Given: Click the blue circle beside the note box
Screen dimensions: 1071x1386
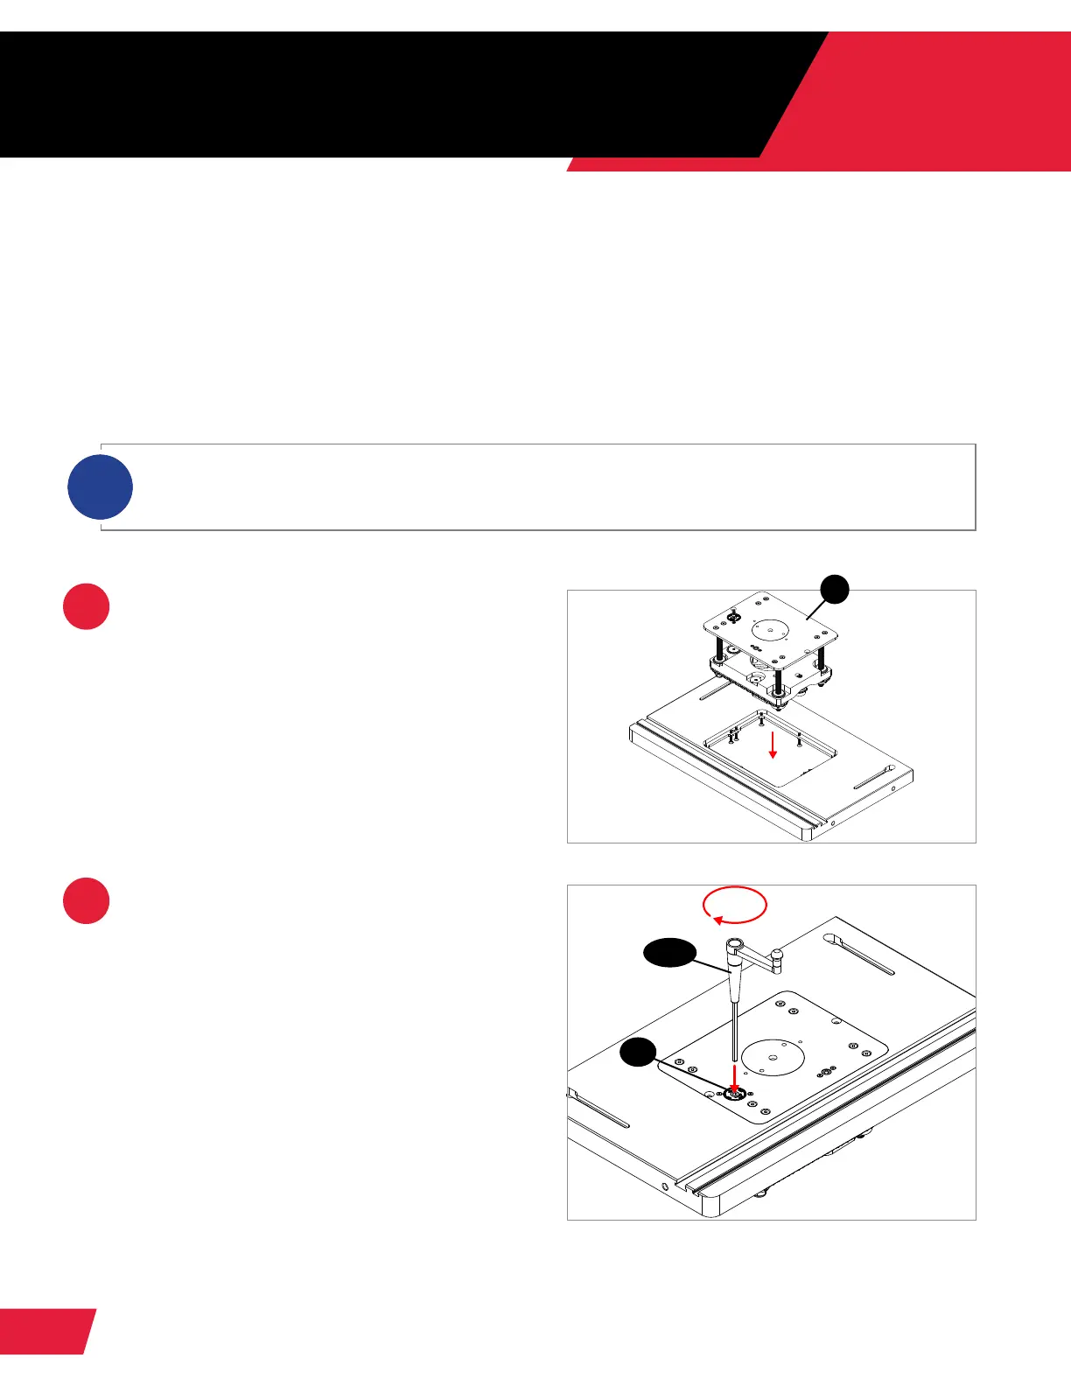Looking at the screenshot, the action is (101, 487).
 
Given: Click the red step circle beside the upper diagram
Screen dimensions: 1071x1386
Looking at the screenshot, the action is (87, 606).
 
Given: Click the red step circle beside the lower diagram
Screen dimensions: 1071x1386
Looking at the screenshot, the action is (87, 901).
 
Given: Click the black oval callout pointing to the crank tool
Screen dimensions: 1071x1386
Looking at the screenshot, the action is (670, 954).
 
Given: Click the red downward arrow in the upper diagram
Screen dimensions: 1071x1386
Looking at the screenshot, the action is (772, 745).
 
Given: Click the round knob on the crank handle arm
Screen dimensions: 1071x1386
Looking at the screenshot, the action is (775, 954).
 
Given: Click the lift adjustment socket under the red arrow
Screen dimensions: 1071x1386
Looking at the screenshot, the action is (735, 1094).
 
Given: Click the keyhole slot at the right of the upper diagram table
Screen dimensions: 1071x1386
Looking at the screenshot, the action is (872, 778).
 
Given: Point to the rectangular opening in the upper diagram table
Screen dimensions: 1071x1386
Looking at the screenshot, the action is (770, 748).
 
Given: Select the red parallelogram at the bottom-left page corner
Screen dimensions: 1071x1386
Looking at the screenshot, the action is (45, 1331).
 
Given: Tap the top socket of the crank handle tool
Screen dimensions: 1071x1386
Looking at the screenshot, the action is (734, 945).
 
